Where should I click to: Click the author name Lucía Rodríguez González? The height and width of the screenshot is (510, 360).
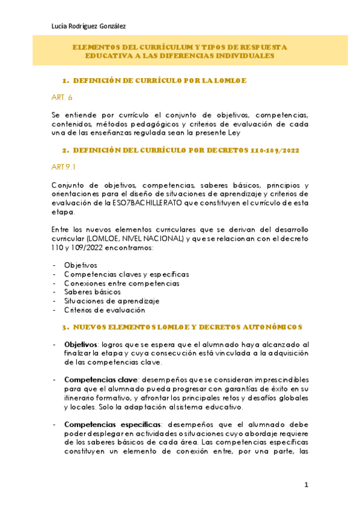coord(88,26)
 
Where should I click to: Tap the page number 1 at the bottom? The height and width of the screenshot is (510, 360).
coord(306,485)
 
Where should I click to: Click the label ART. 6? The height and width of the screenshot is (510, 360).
coord(62,97)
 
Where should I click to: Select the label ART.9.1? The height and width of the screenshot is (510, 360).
coord(64,167)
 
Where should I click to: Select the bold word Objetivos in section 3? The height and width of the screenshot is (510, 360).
coord(81,345)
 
